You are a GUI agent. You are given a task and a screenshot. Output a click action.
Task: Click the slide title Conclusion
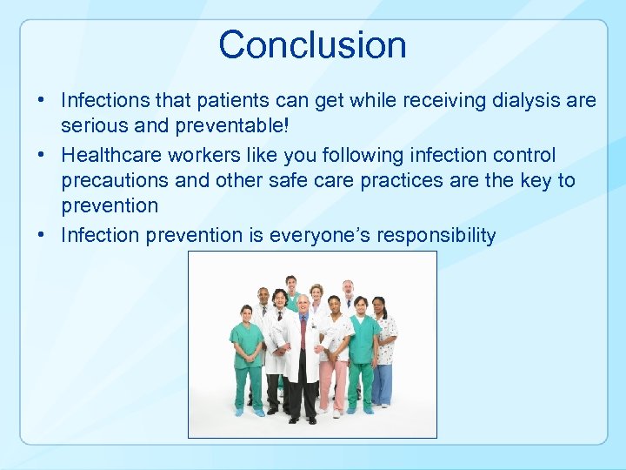(312, 44)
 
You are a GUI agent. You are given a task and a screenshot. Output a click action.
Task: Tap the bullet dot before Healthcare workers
(43, 155)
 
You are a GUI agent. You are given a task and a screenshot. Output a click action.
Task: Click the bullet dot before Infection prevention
(43, 235)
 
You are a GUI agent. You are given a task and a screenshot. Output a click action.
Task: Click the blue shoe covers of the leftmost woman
(249, 412)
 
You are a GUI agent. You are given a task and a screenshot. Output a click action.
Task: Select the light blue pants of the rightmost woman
(383, 383)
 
